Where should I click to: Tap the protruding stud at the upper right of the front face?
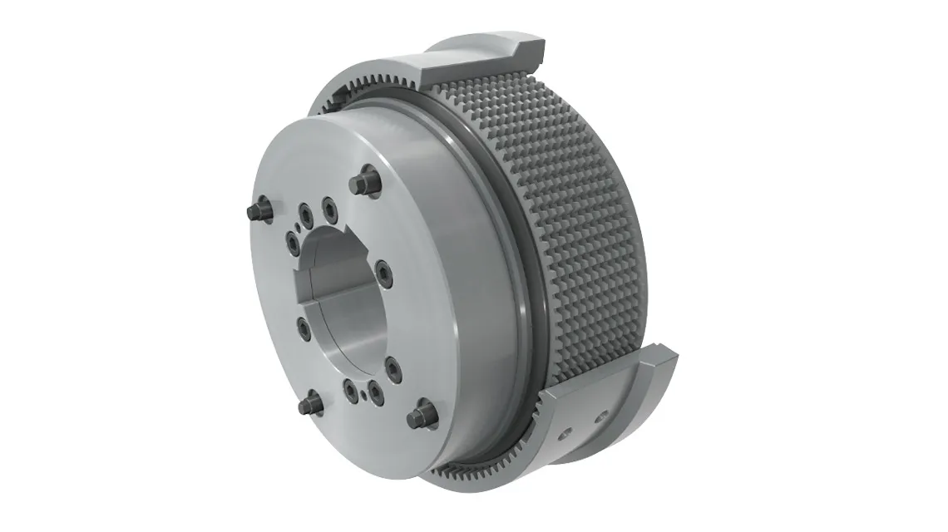click(x=363, y=182)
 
